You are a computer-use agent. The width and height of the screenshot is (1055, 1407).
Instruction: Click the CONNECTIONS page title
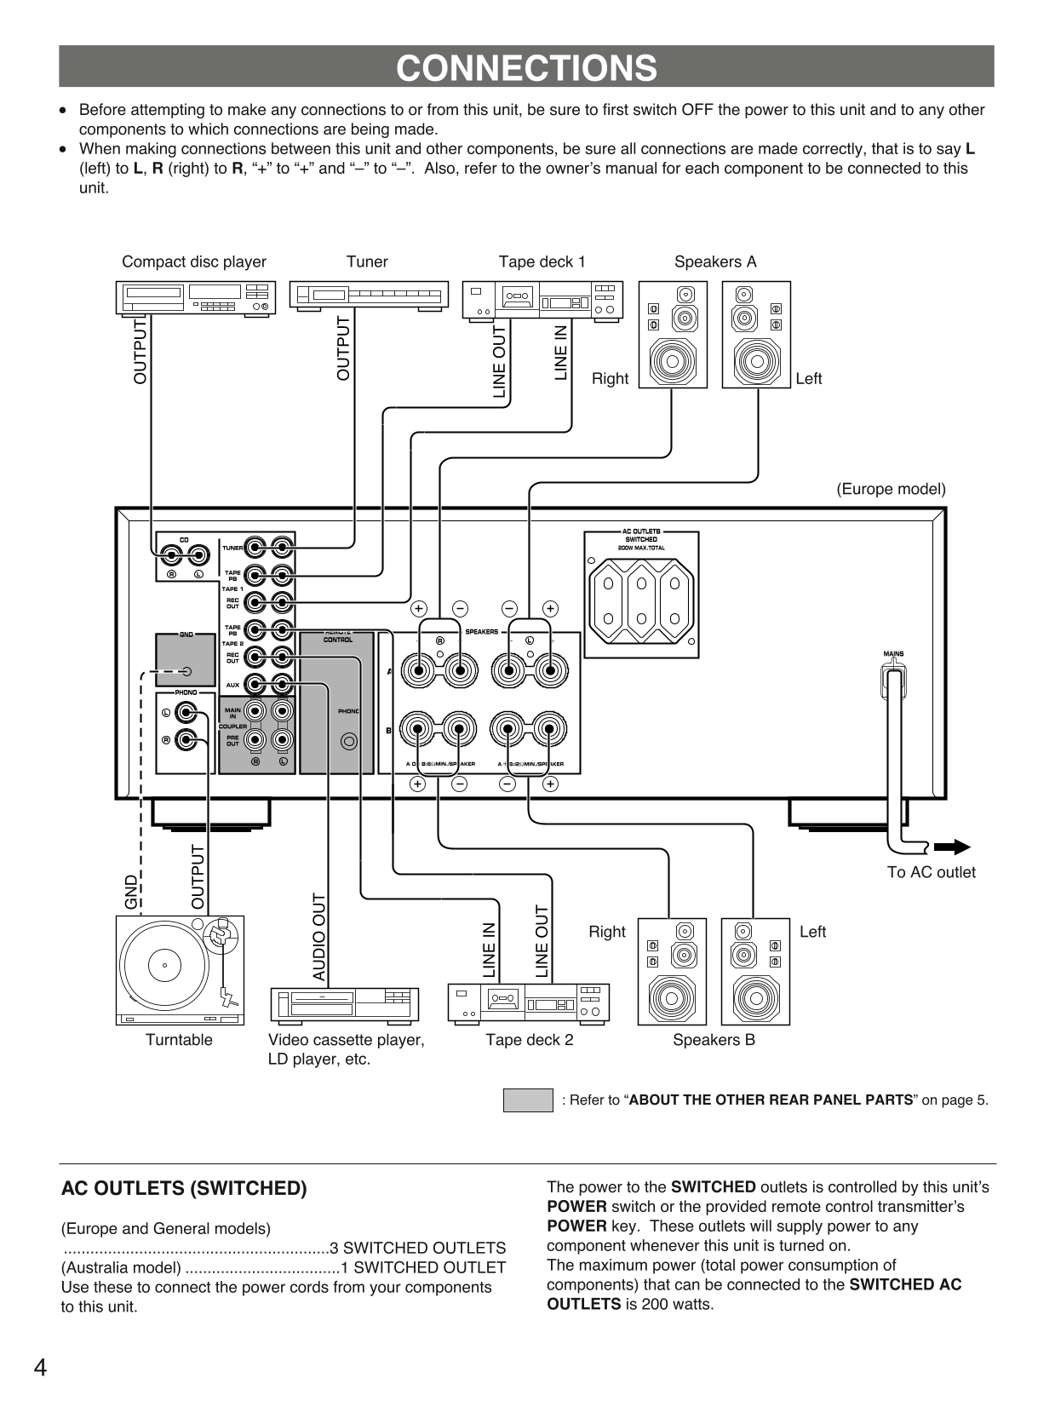click(x=526, y=67)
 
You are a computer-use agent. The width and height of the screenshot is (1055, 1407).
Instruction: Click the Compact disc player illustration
click(x=196, y=299)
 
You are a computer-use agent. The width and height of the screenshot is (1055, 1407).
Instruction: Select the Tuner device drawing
click(x=369, y=296)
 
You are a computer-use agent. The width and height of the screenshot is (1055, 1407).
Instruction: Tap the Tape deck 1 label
click(x=542, y=261)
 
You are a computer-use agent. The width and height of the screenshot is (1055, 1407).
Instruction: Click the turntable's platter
click(x=164, y=965)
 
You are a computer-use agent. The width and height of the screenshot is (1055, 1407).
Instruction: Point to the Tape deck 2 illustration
click(x=529, y=1002)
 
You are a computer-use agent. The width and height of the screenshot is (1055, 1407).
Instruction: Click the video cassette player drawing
click(x=344, y=1004)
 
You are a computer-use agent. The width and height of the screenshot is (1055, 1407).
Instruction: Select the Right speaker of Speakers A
click(x=673, y=335)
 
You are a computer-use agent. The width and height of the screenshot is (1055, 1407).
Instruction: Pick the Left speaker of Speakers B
click(x=755, y=972)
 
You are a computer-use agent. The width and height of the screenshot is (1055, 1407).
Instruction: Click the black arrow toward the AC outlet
click(x=952, y=847)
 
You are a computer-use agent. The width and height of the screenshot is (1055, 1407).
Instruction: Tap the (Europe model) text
click(x=890, y=489)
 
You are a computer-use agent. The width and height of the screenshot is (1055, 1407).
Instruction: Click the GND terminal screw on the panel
click(x=186, y=672)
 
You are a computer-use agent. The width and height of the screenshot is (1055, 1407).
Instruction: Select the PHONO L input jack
click(x=185, y=713)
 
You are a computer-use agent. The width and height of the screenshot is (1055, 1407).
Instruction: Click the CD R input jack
click(x=172, y=557)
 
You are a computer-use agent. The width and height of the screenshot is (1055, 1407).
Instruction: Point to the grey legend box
click(x=528, y=1100)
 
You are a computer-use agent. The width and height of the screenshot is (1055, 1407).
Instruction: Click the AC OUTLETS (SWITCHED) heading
click(x=184, y=1188)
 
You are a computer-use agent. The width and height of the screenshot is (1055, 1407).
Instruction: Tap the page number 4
click(x=40, y=1368)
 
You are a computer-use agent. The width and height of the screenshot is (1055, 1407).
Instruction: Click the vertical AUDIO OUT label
click(x=319, y=937)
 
